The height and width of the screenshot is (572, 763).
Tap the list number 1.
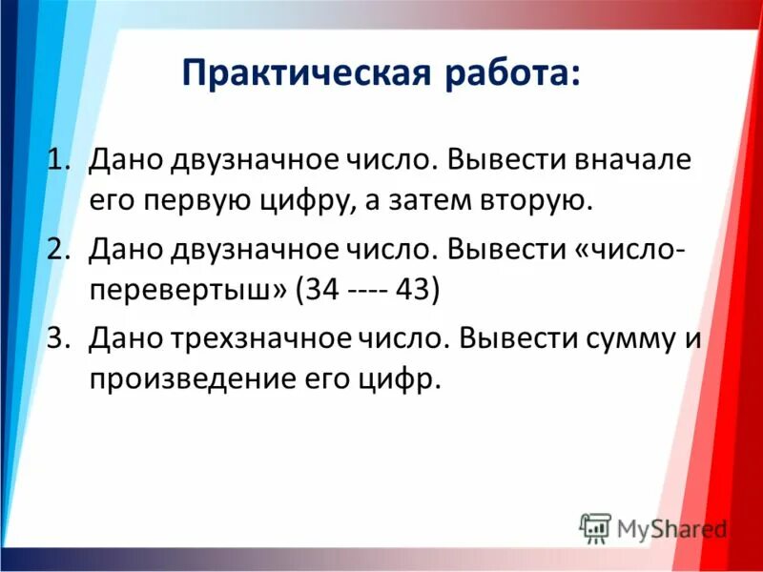60,160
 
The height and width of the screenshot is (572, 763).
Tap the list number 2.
60,250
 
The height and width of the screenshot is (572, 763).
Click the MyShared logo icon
596,528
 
